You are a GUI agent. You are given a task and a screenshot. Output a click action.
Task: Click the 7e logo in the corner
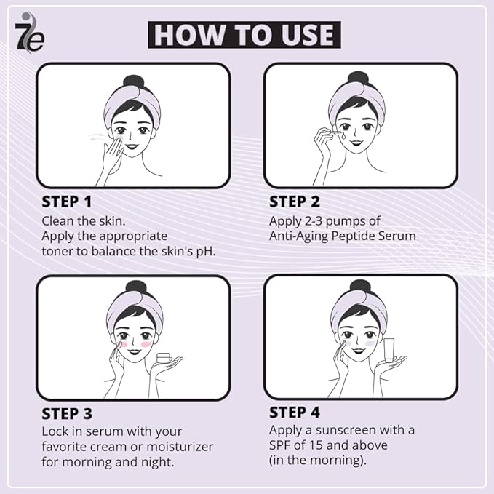tap(29, 33)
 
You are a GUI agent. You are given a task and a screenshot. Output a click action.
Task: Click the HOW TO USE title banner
tap(244, 35)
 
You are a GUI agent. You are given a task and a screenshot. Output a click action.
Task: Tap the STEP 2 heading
tap(295, 202)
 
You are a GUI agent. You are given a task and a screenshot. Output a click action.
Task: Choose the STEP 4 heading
tap(295, 413)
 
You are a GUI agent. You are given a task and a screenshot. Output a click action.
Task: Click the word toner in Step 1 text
tap(58, 252)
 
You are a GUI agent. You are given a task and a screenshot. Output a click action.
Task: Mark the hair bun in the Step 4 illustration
tap(359, 287)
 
